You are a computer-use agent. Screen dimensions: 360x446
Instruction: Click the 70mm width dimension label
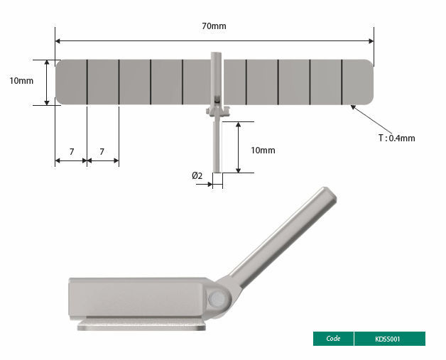coord(214,26)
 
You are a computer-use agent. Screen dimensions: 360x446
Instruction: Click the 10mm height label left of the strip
coord(21,81)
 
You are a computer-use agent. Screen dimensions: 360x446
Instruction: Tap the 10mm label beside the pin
coord(263,151)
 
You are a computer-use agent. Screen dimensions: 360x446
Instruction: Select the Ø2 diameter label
coord(197,175)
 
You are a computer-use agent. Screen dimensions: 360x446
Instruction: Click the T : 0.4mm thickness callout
coord(396,138)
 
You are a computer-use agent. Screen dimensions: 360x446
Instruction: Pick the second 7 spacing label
coord(102,151)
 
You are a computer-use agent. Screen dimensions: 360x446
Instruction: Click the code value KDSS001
coord(388,339)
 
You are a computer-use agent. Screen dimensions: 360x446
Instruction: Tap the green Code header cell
coord(333,339)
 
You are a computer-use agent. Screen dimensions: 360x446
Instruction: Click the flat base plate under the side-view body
coord(142,325)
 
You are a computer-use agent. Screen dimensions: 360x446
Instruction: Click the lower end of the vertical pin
coord(217,168)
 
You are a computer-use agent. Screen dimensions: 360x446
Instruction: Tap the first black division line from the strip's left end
coord(87,82)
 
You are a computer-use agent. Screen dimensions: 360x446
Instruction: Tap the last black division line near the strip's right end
coord(342,82)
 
